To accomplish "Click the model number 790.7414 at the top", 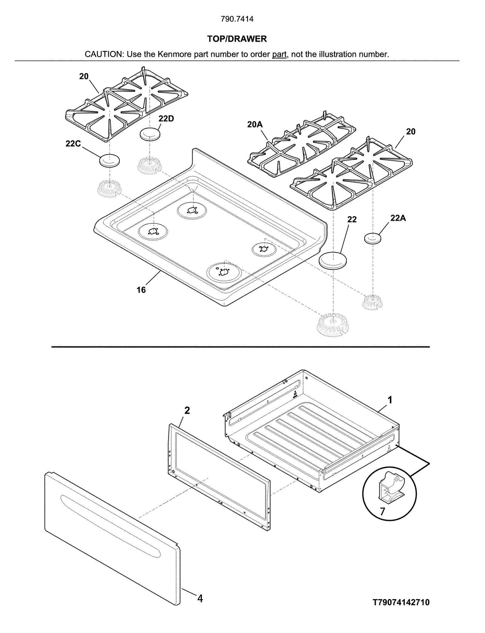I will coord(237,19).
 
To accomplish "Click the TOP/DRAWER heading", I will coord(237,39).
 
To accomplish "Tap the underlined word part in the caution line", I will coord(279,55).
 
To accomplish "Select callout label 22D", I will coord(166,119).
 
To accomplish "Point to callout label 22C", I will coord(73,144).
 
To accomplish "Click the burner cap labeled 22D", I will coord(150,134).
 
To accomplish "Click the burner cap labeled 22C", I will coord(109,160).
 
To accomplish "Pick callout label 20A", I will coord(255,125).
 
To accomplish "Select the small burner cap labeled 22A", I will coord(373,238).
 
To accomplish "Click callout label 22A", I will coord(398,218).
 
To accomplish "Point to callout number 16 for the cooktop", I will coord(141,290).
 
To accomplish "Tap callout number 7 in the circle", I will coord(382,511).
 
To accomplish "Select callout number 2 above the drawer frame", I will coord(187,411).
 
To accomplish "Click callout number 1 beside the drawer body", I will coord(390,400).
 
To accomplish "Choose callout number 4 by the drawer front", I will coord(200,598).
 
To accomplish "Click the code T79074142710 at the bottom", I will coord(401,602).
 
